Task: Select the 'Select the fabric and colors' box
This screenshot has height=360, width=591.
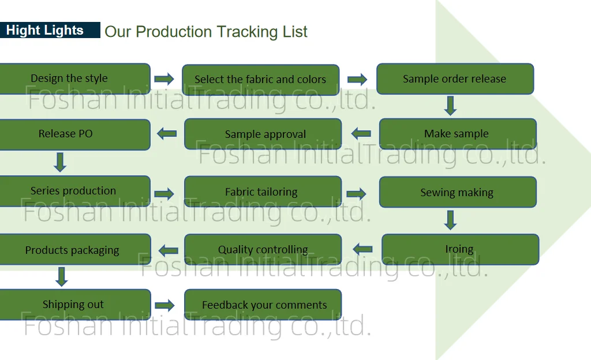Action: pyautogui.click(x=260, y=80)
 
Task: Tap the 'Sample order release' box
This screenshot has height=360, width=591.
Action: pyautogui.click(x=455, y=79)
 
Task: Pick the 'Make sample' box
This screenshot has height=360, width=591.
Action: pyautogui.click(x=457, y=134)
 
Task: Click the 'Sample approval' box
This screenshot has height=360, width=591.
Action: pyautogui.click(x=263, y=134)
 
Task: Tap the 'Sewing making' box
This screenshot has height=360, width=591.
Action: pyautogui.click(x=457, y=192)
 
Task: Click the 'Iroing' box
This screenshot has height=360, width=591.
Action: pyautogui.click(x=460, y=249)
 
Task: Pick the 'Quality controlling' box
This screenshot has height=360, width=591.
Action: pyautogui.click(x=263, y=249)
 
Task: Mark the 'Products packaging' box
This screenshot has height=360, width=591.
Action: pyautogui.click(x=72, y=250)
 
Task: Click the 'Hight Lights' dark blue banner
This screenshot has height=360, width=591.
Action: pyautogui.click(x=50, y=31)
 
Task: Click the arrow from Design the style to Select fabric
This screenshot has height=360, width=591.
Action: pyautogui.click(x=164, y=79)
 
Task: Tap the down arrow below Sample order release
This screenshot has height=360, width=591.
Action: pyautogui.click(x=451, y=106)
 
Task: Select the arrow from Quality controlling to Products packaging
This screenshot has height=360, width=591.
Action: pyautogui.click(x=168, y=250)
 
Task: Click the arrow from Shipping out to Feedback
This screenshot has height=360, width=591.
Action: pyautogui.click(x=164, y=305)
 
